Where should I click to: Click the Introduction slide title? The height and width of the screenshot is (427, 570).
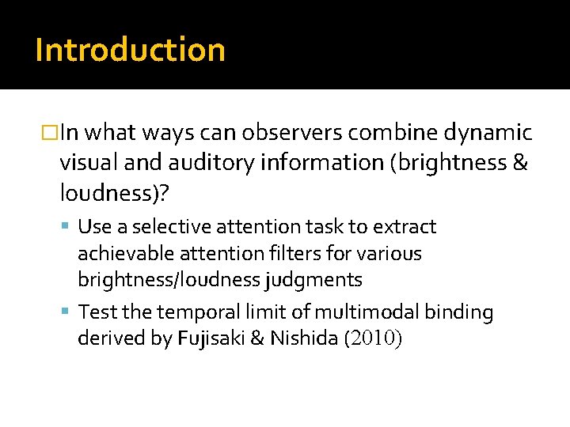[130, 50]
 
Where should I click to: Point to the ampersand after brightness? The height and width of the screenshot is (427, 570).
[521, 162]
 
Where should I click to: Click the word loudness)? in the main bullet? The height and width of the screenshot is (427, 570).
[104, 193]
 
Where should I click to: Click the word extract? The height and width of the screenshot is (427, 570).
[407, 227]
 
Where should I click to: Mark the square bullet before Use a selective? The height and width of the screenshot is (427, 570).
[69, 228]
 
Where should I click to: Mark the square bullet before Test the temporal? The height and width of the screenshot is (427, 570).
[69, 313]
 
